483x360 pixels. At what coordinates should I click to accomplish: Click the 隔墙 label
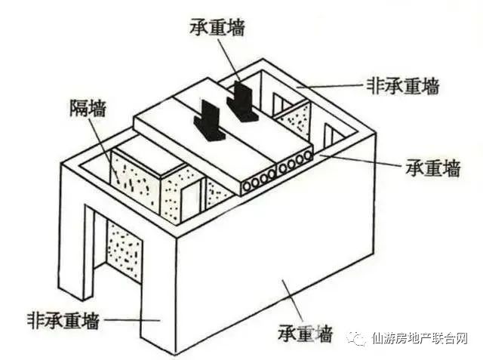pos(88,108)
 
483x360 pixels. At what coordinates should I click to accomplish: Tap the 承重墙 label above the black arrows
pos(217,27)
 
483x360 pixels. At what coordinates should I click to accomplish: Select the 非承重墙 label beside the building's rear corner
pos(402,85)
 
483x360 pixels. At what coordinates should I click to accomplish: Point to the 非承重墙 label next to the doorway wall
pos(63,322)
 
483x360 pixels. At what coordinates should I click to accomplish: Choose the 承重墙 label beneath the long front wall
pos(305,334)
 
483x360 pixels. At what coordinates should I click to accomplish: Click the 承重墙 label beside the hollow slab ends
pos(432,168)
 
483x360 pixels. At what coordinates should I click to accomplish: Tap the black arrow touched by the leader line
pos(240,101)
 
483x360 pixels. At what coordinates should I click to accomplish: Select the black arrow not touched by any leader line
pos(208,121)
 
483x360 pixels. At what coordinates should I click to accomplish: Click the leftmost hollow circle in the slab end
pos(247,186)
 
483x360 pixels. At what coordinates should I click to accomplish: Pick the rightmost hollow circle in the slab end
pos(307,157)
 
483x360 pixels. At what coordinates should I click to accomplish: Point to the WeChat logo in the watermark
pos(357,338)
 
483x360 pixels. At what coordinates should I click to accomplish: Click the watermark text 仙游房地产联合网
pos(420,338)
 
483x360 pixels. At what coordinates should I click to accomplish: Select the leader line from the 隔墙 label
pos(104,150)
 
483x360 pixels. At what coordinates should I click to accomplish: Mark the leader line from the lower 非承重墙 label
pos(132,320)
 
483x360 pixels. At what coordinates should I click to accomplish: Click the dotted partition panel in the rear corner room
pos(295,121)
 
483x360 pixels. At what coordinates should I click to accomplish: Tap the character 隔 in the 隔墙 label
pos(78,108)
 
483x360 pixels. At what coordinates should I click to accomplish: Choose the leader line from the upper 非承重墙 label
pos(330,85)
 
